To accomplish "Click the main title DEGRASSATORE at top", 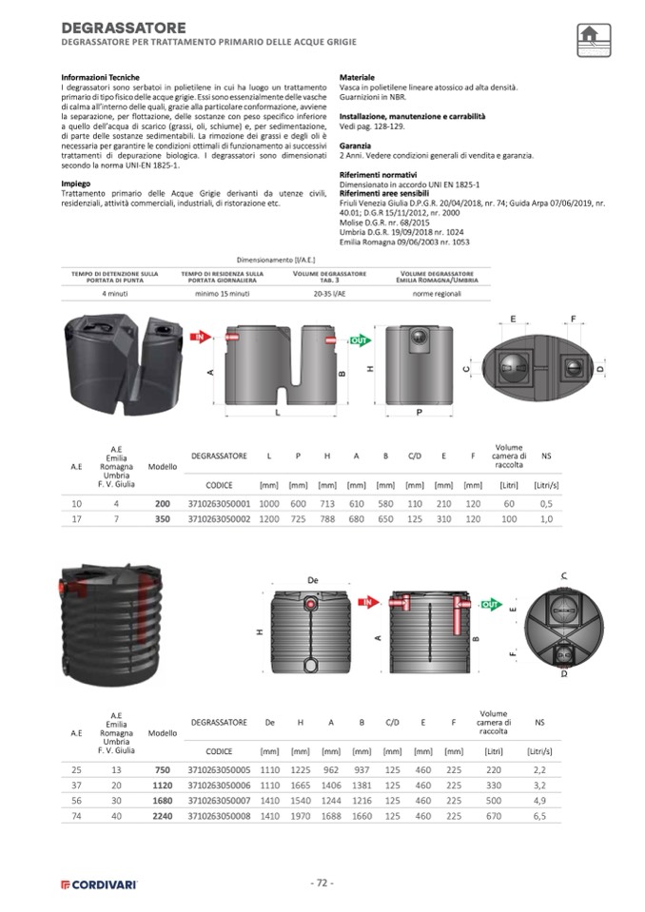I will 124,29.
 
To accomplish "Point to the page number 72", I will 322,883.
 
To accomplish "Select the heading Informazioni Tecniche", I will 100,77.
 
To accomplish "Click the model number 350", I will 163,518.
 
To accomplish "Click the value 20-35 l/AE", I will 330,294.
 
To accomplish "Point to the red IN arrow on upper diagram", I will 201,337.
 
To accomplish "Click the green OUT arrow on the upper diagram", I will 360,339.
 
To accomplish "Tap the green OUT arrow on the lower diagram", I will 491,604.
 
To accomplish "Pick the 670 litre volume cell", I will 494,815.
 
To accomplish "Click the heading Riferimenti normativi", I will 378,176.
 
